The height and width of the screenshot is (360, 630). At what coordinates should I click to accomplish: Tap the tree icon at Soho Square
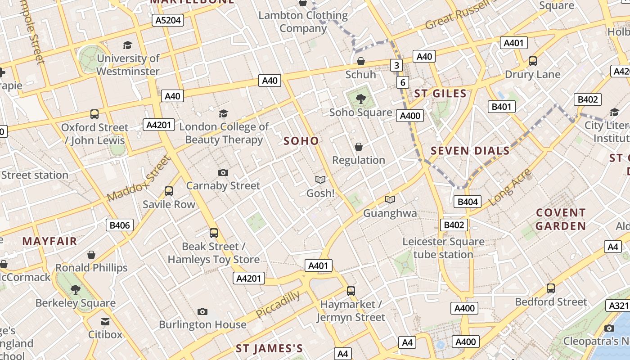point(360,99)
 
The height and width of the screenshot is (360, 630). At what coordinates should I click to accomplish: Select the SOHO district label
point(301,141)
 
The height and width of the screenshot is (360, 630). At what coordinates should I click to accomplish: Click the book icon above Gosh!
point(320,180)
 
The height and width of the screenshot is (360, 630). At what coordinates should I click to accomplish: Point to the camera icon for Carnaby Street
point(223,172)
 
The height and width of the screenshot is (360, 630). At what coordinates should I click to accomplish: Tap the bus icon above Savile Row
point(169,191)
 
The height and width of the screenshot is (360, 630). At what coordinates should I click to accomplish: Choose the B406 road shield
point(120,225)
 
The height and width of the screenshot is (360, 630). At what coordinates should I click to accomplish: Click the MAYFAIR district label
point(49,241)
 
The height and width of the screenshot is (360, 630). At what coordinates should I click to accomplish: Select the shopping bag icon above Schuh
point(361,61)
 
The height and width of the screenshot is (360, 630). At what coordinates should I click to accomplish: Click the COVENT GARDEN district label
point(561,219)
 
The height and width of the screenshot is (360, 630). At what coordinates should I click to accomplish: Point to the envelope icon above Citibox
point(105,321)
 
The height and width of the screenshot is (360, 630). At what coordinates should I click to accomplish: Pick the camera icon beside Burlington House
point(202,311)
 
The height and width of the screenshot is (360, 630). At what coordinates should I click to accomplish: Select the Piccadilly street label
point(278,305)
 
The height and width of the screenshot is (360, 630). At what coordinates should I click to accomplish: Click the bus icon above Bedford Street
point(551,288)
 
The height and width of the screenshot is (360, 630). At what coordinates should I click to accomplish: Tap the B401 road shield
point(502,107)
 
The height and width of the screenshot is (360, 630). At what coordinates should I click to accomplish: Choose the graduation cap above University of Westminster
point(128,45)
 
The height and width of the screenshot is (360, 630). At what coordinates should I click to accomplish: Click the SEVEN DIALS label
point(470,151)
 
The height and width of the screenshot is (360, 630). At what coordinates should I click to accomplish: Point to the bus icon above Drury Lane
point(533,61)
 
